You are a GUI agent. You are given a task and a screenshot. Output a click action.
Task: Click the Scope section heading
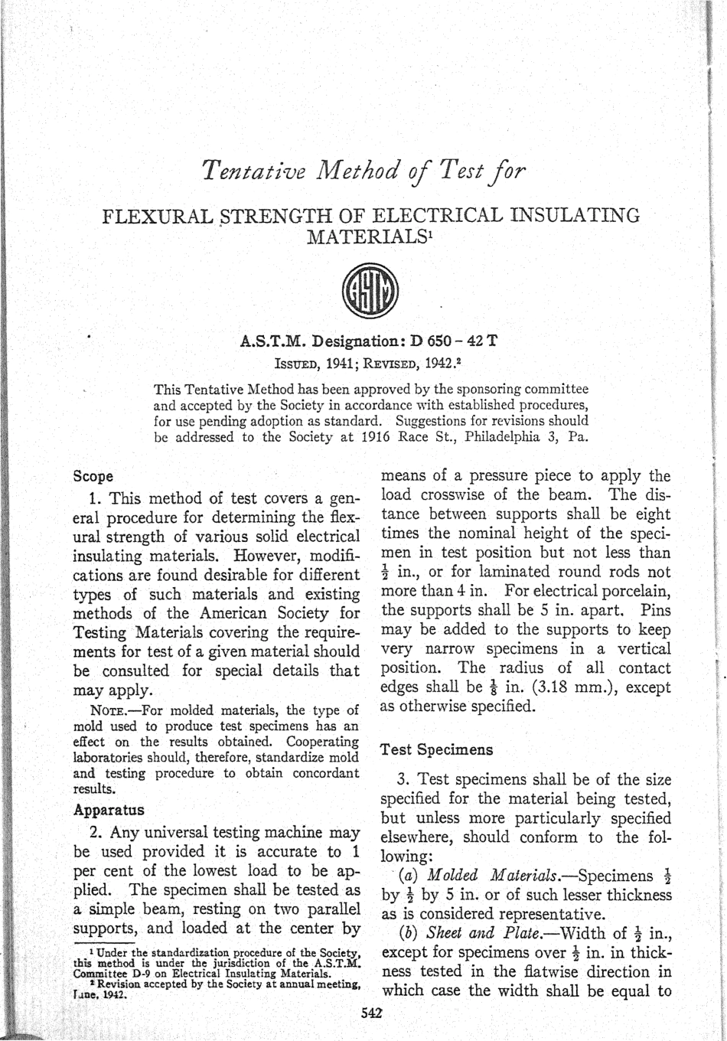click(93, 475)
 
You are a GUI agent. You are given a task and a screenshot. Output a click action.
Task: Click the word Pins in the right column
click(654, 610)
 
